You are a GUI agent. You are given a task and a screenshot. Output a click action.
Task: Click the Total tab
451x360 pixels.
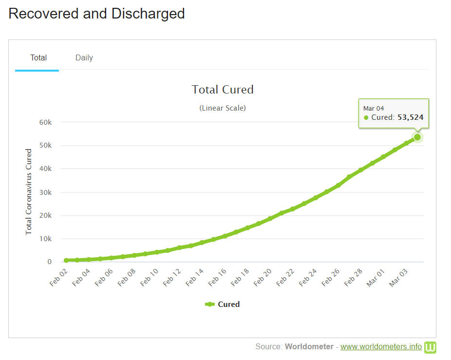38,57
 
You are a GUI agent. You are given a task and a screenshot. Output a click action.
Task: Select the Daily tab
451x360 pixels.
84,57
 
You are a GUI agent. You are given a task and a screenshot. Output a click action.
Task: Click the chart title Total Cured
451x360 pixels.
223,90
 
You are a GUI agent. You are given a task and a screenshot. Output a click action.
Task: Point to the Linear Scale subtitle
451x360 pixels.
223,108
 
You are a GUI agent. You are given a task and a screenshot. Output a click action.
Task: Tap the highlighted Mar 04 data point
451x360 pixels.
417,137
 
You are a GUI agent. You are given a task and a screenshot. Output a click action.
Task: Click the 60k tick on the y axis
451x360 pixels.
46,122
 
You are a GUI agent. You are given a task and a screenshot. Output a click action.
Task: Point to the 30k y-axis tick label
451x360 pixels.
46,192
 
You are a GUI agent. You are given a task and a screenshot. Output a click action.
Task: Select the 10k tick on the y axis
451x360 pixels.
46,239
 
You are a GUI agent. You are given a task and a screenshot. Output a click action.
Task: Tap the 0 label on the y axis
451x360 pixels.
50,262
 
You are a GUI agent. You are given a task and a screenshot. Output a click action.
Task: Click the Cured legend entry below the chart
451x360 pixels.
223,304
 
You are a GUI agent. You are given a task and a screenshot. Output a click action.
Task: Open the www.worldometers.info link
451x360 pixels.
381,347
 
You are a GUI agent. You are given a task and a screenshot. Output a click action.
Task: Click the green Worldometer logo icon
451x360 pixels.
430,347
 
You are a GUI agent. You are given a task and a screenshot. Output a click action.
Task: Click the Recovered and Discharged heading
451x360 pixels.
96,13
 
